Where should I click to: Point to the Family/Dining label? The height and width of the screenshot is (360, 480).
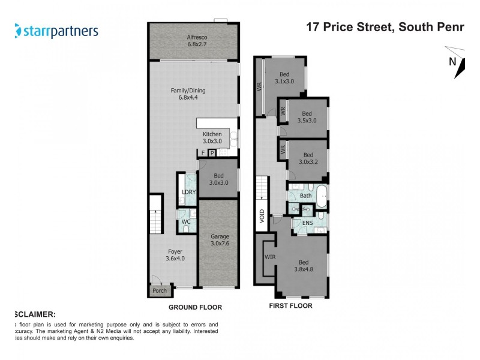pos(188,94)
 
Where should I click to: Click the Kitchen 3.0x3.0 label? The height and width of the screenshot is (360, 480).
pos(212,137)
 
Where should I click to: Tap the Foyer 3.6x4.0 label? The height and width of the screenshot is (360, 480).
pos(174,255)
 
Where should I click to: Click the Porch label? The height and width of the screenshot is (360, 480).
pos(160,291)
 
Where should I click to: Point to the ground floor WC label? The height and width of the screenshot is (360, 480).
pos(186,222)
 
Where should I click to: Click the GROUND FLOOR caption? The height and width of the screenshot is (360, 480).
pos(195,307)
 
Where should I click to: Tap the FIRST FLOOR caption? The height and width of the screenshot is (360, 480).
pos(291,305)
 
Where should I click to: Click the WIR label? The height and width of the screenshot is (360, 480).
pos(270,257)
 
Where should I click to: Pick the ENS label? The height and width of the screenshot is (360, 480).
pos(308,223)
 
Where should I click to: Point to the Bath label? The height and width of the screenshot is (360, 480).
pos(306,196)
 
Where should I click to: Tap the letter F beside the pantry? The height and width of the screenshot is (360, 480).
pos(203,153)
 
